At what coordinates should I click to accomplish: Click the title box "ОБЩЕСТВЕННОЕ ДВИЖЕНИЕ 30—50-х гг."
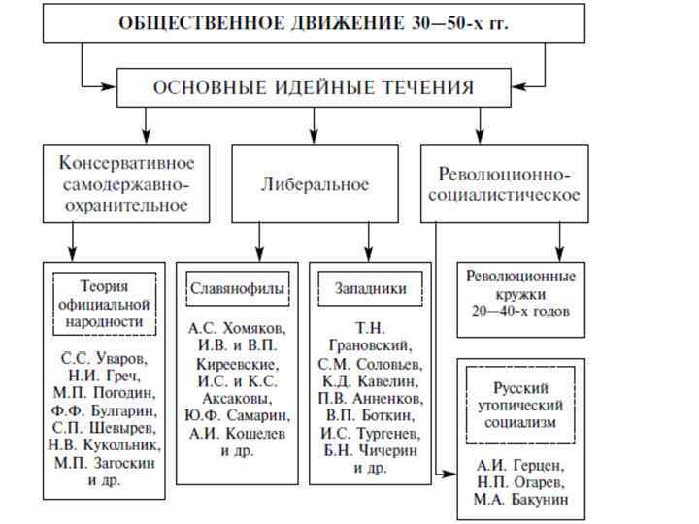[314, 23]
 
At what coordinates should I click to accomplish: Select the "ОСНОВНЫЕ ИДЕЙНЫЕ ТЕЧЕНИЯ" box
[314, 87]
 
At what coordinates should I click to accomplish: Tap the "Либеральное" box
[315, 183]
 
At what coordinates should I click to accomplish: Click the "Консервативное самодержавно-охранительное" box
[126, 183]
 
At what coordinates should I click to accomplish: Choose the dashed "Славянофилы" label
[237, 289]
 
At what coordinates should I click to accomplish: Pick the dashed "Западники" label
[370, 289]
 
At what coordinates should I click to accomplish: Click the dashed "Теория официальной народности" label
[104, 304]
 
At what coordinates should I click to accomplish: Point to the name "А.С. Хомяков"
[236, 329]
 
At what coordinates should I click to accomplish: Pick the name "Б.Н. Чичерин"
[370, 450]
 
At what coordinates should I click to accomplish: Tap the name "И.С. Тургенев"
[370, 433]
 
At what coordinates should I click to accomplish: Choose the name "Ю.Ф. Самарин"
[236, 416]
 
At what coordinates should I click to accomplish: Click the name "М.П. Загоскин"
[104, 463]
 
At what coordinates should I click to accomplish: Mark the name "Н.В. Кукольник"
[104, 445]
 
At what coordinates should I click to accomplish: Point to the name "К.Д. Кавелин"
[370, 380]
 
